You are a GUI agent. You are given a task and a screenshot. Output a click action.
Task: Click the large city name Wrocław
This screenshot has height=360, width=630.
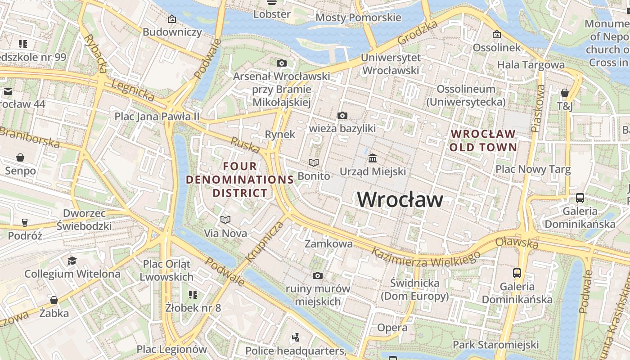400,199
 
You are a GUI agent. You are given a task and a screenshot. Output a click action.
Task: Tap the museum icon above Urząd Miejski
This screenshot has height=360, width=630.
373,158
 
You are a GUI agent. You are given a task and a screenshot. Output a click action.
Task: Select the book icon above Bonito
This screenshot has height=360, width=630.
314,162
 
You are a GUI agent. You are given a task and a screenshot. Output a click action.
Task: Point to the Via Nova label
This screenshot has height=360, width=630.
225,233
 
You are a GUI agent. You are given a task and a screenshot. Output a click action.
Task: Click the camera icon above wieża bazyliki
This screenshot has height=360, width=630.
342,116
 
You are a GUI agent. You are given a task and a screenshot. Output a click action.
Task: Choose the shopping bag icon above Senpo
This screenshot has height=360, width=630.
20,157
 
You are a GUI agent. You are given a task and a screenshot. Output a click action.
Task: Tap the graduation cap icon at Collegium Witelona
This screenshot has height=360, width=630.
72,261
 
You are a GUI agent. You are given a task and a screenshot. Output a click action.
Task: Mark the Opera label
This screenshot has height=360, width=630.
392,327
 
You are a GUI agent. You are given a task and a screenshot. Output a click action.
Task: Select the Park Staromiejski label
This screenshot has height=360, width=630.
495,345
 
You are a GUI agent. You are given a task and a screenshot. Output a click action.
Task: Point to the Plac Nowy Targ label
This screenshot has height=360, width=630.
533,170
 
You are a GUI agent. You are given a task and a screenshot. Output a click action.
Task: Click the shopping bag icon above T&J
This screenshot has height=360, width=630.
565,93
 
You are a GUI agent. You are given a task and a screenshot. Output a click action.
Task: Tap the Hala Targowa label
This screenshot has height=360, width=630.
531,65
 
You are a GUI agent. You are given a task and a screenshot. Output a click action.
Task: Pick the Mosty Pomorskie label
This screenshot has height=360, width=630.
358,18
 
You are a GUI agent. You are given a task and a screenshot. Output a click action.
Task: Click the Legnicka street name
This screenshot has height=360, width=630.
133,90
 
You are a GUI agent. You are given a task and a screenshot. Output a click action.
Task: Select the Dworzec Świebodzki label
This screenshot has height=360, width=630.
84,219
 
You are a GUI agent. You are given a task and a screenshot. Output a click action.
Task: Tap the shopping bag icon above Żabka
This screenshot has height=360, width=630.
54,300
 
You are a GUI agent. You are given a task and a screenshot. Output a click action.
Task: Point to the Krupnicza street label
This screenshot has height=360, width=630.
265,241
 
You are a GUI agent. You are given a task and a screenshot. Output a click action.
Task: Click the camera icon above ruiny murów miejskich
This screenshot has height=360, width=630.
318,275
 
